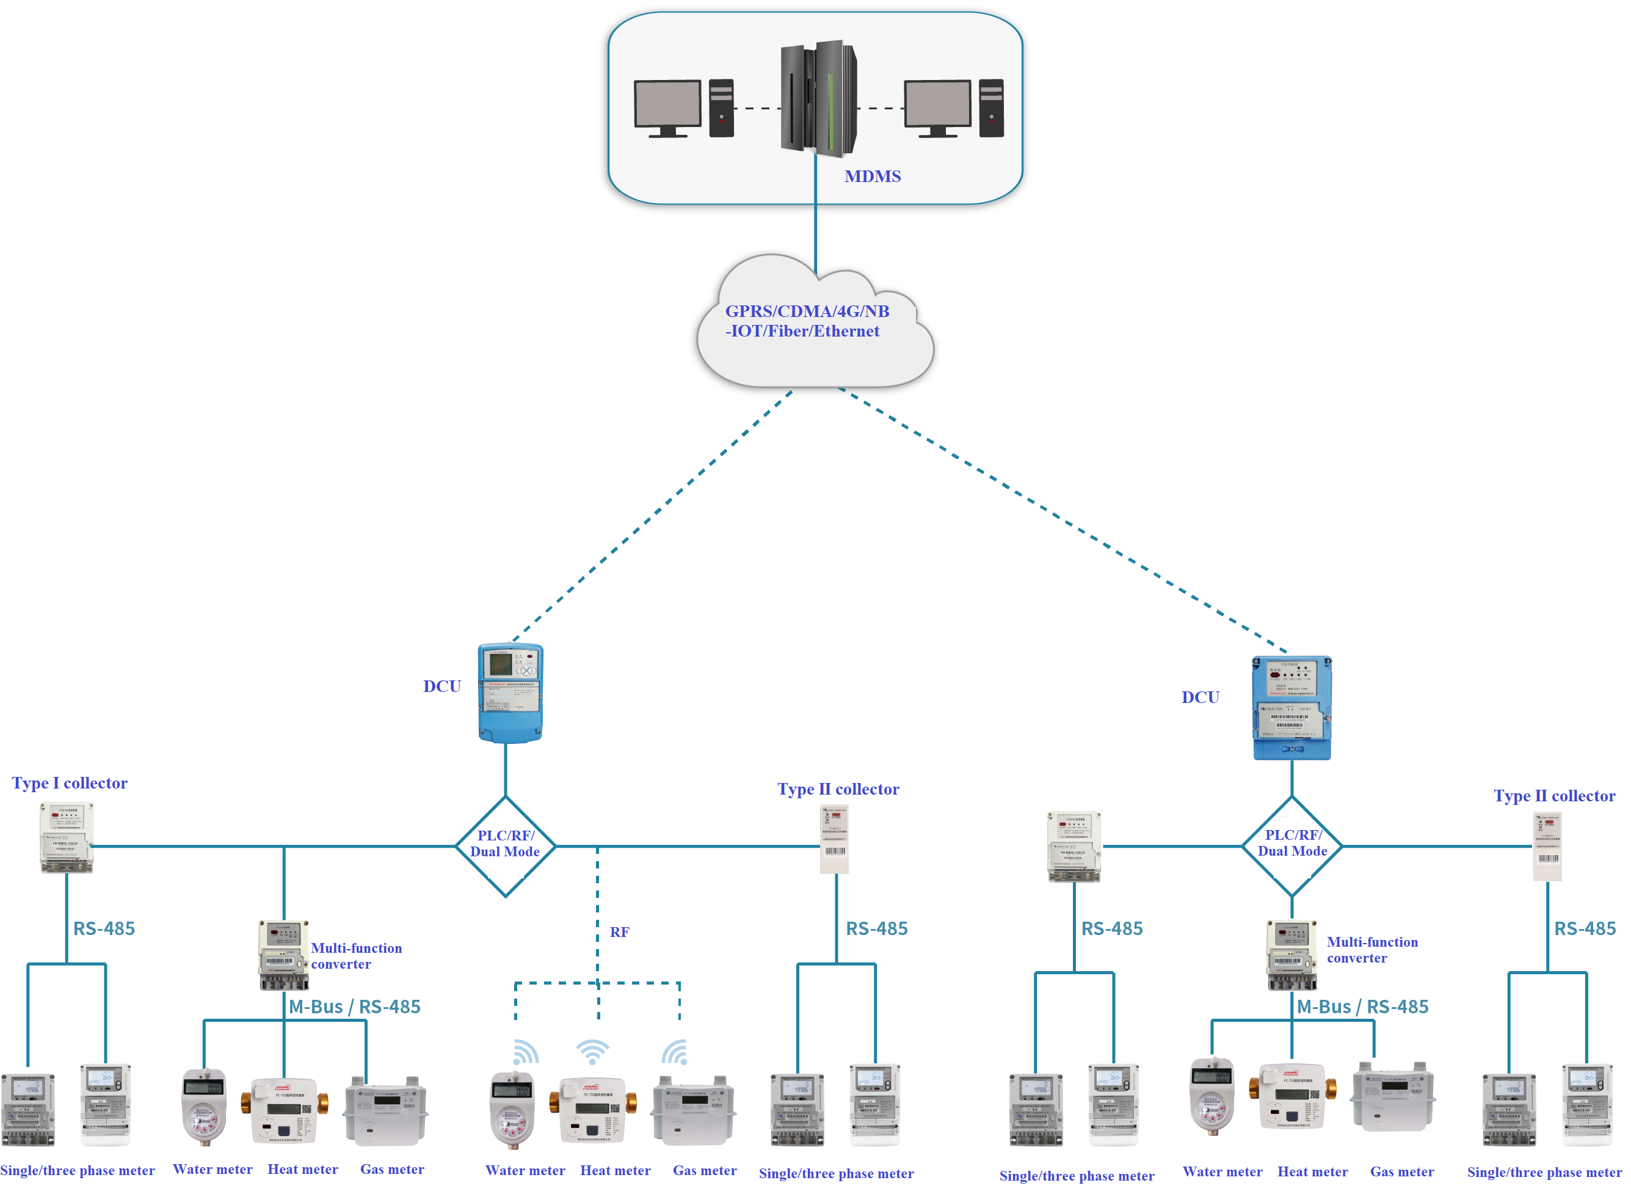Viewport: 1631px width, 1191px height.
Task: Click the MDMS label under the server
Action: click(872, 176)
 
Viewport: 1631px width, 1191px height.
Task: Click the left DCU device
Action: click(510, 692)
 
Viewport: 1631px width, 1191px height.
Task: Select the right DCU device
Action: click(1291, 707)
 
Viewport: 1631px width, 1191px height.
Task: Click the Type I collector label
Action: click(69, 783)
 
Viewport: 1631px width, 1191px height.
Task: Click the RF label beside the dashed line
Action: click(619, 932)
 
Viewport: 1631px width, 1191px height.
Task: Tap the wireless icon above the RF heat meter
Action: click(592, 1052)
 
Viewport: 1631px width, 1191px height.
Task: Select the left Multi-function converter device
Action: click(284, 955)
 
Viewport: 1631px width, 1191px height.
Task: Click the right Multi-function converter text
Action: click(1371, 950)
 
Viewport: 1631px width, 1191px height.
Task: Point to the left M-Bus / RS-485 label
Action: click(354, 1007)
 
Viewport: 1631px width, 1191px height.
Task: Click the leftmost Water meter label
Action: click(213, 1170)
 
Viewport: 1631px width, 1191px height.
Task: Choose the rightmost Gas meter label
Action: click(1402, 1171)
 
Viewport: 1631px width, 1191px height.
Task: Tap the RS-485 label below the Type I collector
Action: click(104, 928)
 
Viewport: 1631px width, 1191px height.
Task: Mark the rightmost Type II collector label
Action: click(1554, 796)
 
